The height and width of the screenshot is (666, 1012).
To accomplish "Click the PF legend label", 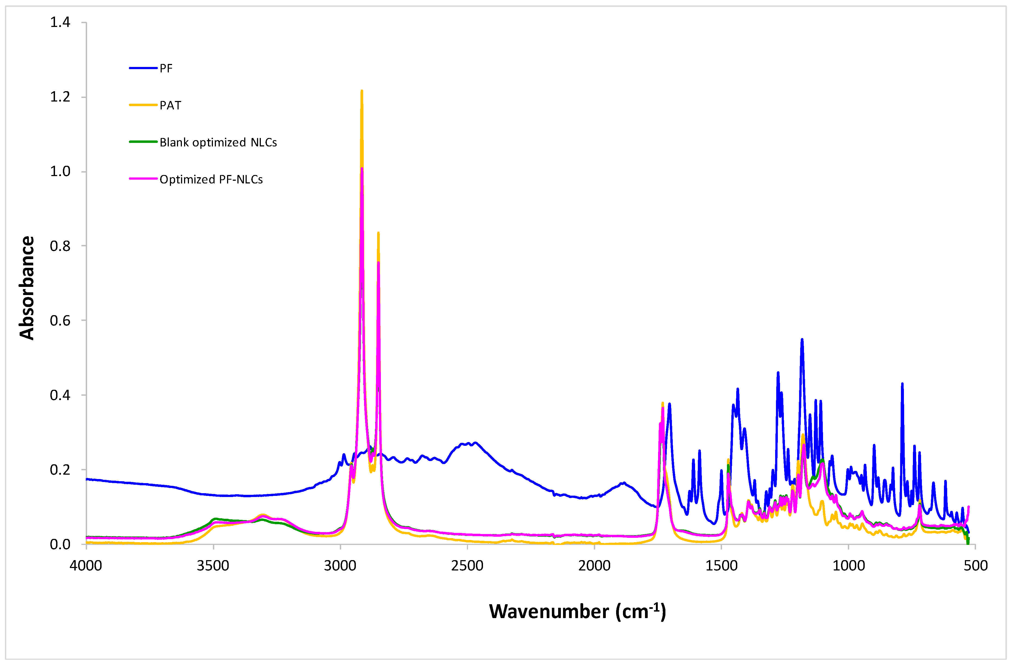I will [x=166, y=68].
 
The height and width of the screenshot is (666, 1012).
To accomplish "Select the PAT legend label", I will [x=170, y=105].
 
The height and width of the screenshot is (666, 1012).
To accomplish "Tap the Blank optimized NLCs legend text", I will [x=218, y=142].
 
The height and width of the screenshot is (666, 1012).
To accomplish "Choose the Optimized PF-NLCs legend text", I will [x=211, y=179].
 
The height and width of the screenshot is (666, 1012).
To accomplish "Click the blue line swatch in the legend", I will [x=143, y=68].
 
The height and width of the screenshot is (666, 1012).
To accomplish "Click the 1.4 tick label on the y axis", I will [x=60, y=22].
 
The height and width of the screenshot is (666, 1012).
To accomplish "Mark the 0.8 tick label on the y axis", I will [x=60, y=246].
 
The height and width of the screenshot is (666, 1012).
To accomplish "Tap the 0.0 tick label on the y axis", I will [x=60, y=544].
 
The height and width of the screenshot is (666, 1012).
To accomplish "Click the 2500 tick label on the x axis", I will [x=467, y=566].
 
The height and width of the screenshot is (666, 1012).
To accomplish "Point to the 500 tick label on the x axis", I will [x=976, y=566].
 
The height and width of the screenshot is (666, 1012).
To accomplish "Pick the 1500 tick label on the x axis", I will [x=721, y=566].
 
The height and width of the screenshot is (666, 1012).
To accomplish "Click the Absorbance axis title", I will [x=27, y=288].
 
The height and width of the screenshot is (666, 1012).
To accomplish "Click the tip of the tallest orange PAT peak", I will [x=362, y=91].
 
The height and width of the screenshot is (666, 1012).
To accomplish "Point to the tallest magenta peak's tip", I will [x=362, y=169].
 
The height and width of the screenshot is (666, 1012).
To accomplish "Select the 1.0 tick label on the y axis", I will [x=60, y=172].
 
